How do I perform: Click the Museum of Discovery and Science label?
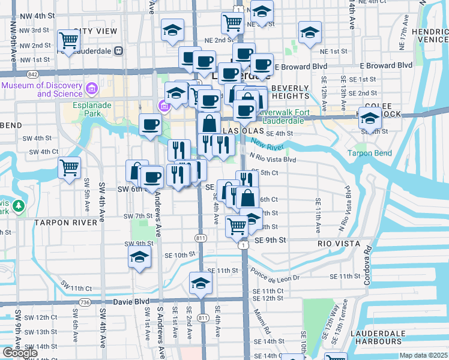[41, 89]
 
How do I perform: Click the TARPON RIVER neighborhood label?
[65, 223]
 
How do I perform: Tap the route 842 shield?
[32, 74]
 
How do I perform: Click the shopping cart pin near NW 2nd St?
[69, 41]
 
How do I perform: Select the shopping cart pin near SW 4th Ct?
[69, 167]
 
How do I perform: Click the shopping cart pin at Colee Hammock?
[370, 119]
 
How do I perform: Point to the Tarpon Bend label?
[369, 153]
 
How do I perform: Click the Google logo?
[20, 353]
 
